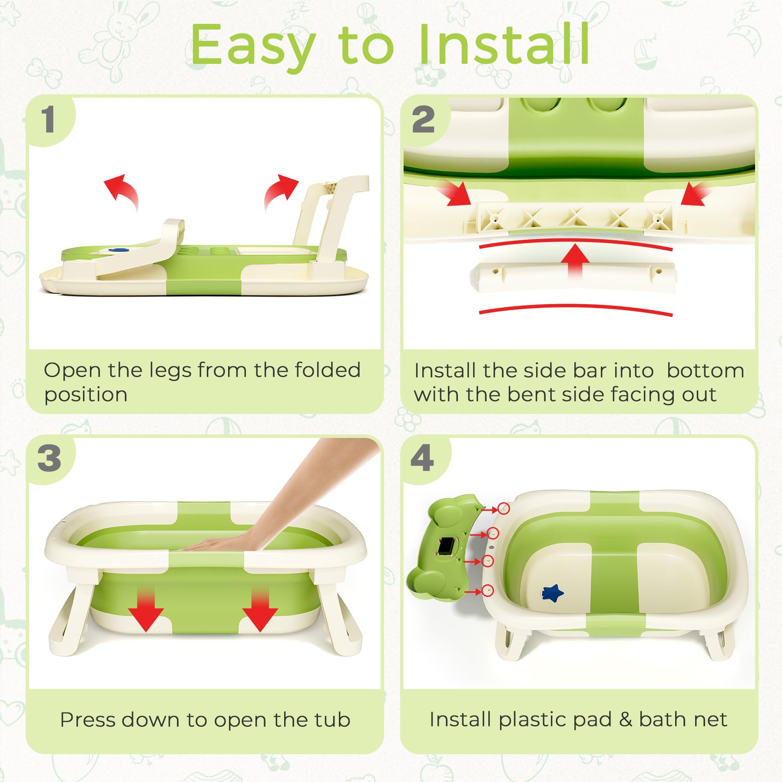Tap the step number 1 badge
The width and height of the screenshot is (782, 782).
(48, 120)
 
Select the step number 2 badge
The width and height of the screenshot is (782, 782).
(423, 120)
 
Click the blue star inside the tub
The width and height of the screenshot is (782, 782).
(553, 593)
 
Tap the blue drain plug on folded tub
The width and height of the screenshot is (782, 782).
(116, 250)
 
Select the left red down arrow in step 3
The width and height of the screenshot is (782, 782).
(146, 610)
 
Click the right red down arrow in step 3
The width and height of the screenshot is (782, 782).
(260, 610)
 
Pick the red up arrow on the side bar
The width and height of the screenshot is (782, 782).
(575, 260)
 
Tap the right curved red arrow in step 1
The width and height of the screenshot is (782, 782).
(280, 191)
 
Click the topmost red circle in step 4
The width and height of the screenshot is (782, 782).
(504, 508)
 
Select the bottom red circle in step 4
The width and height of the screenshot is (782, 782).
(487, 590)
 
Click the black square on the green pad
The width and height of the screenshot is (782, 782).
(446, 545)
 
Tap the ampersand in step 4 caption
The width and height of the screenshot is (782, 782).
(625, 719)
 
